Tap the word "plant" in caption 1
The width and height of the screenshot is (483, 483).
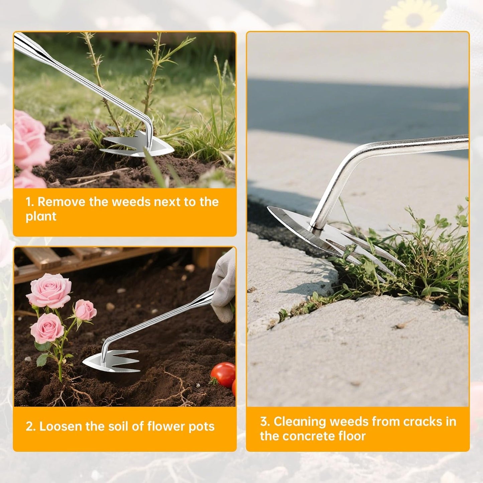click(41, 216)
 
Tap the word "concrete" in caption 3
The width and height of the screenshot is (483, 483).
click(306, 436)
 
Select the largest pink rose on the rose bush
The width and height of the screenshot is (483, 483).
click(49, 291)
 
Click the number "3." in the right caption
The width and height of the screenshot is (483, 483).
click(265, 422)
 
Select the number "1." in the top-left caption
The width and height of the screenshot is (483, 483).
click(30, 202)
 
